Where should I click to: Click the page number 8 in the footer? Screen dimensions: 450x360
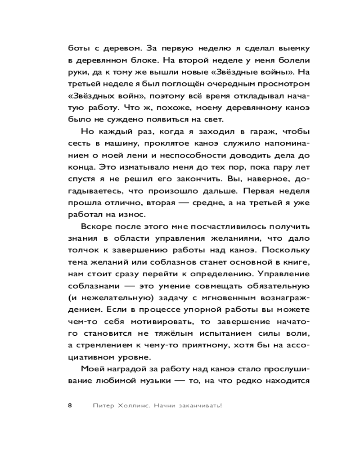coord(70,405)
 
